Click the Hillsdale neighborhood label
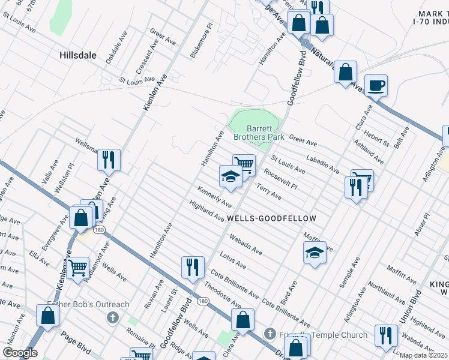[78, 55]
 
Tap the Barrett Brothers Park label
[264, 133]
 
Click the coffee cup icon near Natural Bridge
[376, 85]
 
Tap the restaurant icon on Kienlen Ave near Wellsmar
[109, 160]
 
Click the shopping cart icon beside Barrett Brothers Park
[244, 164]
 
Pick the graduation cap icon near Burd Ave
[315, 252]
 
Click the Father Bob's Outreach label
[88, 304]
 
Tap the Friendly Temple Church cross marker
[270, 334]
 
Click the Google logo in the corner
[19, 353]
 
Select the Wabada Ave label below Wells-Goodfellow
[246, 244]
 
